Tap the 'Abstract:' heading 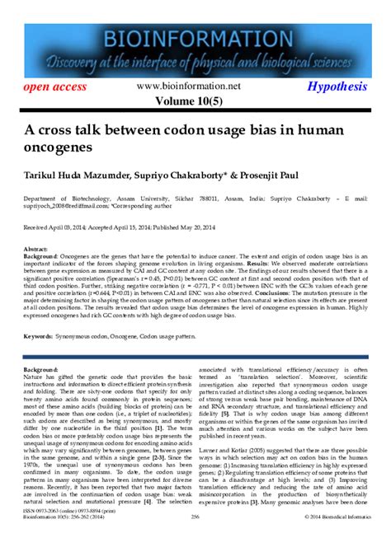click(x=35, y=249)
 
